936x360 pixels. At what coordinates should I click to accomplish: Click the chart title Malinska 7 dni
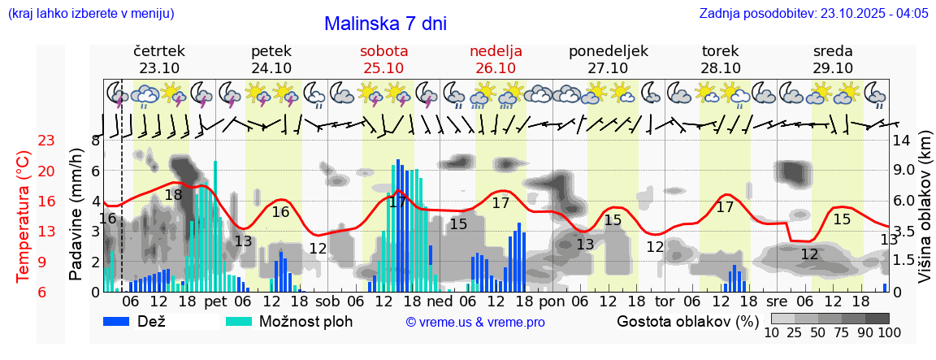tap(385, 24)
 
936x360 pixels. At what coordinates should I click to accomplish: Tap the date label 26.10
tap(496, 68)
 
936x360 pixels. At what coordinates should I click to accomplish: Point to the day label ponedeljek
tap(609, 51)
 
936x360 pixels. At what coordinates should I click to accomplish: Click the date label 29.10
tap(833, 68)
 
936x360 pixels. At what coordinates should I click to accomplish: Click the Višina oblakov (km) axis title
tap(925, 215)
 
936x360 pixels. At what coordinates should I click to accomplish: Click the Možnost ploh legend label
tap(305, 321)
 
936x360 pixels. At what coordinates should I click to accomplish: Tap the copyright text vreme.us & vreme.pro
tap(475, 322)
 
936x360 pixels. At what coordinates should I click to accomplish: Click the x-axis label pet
tap(215, 301)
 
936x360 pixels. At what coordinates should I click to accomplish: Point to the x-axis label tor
tap(665, 301)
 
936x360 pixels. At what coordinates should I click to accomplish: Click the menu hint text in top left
tap(90, 14)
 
